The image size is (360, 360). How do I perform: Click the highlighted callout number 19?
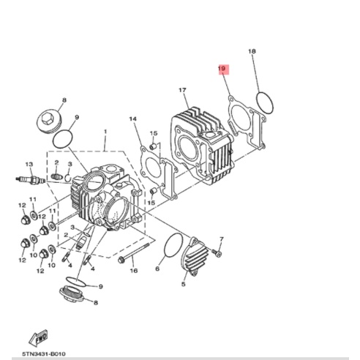(223, 70)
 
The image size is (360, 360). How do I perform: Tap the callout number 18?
(252, 51)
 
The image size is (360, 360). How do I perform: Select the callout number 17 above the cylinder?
(184, 91)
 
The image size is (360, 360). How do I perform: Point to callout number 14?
(132, 119)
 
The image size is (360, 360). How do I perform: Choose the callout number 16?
(134, 270)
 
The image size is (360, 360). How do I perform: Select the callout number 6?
(157, 269)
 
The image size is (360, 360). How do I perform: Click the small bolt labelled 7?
(217, 253)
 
